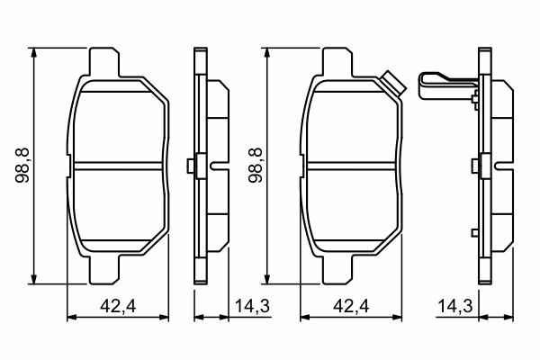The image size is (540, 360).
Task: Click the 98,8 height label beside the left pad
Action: point(23,166)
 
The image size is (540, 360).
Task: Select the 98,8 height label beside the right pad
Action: point(256,166)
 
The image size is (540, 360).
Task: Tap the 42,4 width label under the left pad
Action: point(118,306)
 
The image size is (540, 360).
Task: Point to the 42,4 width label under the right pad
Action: point(351,306)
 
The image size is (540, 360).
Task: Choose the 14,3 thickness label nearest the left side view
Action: point(252,306)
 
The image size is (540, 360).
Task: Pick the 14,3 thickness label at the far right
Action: point(455,306)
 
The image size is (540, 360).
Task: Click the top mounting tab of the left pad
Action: point(104,62)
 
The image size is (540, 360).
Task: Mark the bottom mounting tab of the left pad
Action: point(104,270)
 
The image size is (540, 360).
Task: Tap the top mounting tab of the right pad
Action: point(337,62)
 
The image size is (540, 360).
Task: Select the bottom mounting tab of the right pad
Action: point(337,270)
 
